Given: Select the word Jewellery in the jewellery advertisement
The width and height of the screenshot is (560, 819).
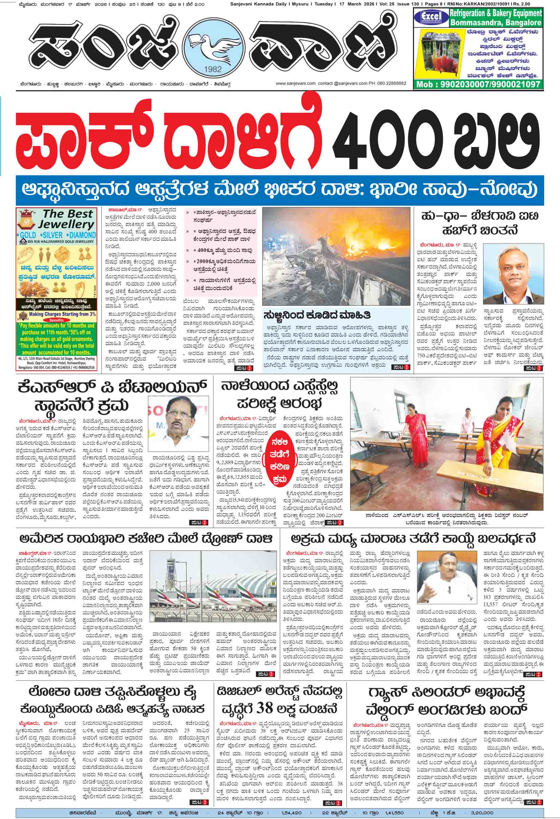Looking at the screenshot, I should (66, 224).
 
